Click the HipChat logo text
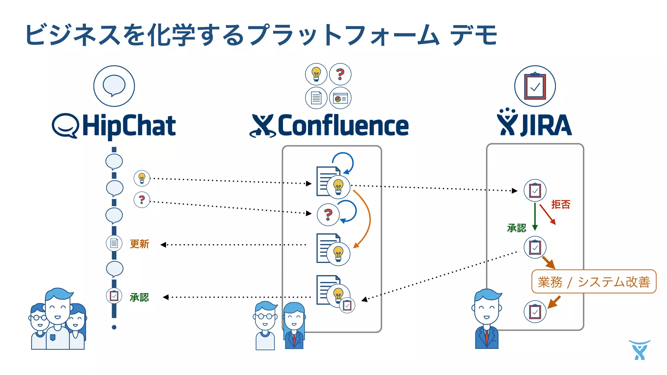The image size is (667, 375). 129,126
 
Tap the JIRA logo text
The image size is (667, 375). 546,125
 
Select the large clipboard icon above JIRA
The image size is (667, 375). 535,86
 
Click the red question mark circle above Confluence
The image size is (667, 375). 340,74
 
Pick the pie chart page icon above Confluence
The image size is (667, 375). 340,98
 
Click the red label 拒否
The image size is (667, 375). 561,204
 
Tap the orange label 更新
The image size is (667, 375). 139,244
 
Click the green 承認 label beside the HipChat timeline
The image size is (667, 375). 139,297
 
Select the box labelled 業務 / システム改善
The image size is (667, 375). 593,282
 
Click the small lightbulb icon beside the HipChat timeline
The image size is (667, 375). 142,178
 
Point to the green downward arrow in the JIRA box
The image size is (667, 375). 535,216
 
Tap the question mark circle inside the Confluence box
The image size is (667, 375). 328,214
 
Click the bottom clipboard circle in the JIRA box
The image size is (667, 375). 535,312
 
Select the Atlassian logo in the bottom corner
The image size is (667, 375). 639,350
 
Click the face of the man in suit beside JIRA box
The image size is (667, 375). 487,308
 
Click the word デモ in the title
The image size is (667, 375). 474,35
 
